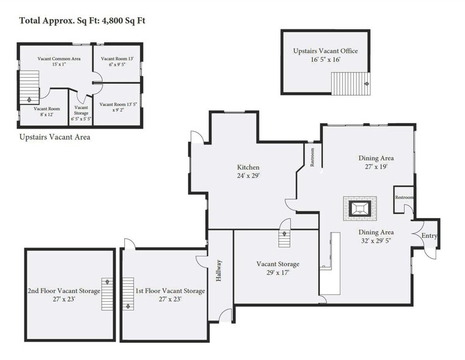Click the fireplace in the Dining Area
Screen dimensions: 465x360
(x=360, y=208)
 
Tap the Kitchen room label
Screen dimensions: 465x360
(x=248, y=167)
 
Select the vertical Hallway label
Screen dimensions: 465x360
(x=219, y=271)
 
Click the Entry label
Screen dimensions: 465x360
(x=429, y=236)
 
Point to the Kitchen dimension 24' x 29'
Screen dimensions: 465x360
(x=248, y=176)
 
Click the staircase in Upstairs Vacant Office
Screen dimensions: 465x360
(x=351, y=83)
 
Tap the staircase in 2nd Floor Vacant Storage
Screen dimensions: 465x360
(x=107, y=294)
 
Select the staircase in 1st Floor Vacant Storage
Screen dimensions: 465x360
(x=128, y=294)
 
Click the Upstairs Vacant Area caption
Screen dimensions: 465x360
(x=55, y=137)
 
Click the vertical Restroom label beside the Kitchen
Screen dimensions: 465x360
(x=312, y=157)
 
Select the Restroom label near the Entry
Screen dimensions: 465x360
(x=404, y=197)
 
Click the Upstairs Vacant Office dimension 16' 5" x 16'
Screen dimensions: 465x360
(x=325, y=59)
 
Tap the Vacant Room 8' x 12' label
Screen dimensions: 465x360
(x=46, y=111)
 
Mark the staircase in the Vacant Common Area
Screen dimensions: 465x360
(x=29, y=88)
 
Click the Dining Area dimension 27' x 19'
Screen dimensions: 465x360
(x=376, y=167)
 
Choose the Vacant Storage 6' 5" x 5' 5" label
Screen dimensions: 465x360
(x=81, y=113)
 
